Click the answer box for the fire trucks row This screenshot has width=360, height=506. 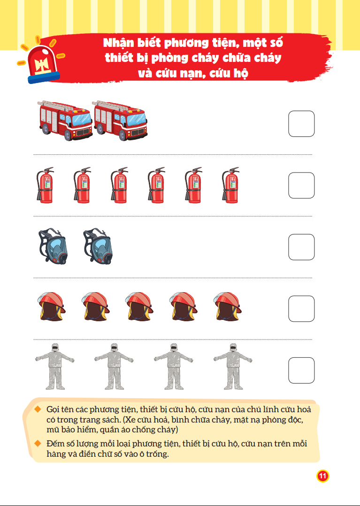click(301, 124)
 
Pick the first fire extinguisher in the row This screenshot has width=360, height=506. click(45, 185)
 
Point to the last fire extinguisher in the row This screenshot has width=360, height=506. click(230, 185)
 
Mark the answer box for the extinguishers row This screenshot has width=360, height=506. click(301, 185)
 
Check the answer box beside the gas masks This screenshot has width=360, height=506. click(301, 247)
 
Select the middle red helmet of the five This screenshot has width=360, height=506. click(139, 306)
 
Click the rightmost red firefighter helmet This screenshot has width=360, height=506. click(228, 306)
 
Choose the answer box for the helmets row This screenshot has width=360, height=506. click(301, 309)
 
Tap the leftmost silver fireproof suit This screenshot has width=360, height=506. click(54, 366)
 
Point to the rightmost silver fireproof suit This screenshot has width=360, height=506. click(233, 366)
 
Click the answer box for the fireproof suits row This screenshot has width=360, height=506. click(301, 370)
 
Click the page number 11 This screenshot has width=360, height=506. click(322, 476)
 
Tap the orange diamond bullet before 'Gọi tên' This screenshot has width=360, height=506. click(38, 409)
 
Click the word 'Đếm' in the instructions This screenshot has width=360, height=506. click(54, 444)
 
